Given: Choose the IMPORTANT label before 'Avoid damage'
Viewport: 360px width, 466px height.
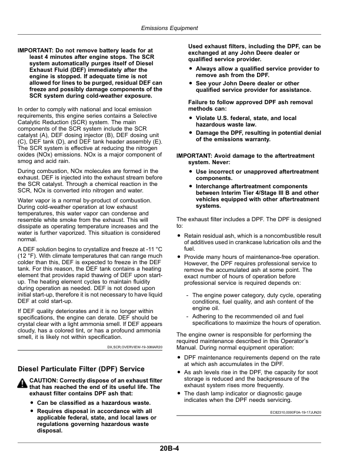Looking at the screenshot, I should (x=196, y=155).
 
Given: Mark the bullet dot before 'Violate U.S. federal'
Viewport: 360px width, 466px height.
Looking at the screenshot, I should (x=191, y=118).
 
